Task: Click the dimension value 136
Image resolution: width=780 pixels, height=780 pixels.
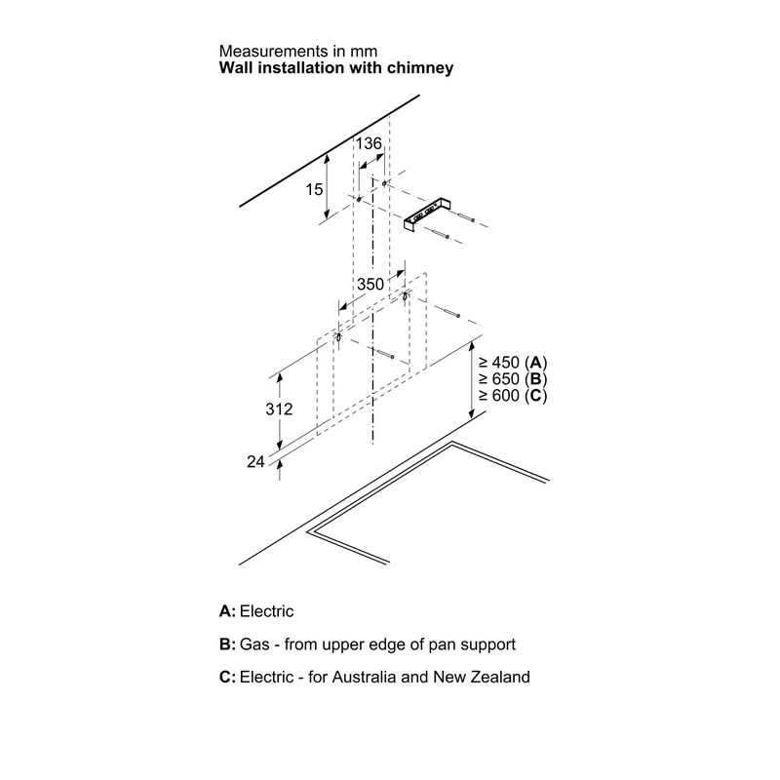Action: point(369,143)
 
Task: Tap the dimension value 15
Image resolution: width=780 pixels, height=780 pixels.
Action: point(314,189)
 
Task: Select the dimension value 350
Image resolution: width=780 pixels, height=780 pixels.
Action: point(370,284)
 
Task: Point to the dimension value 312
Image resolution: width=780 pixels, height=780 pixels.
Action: point(279,409)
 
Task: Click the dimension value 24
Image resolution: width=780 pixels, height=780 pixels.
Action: point(255,461)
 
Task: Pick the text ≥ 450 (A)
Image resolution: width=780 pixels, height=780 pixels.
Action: point(513,363)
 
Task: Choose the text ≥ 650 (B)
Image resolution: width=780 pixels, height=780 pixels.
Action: point(513,379)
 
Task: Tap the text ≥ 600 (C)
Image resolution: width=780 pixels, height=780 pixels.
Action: point(513,396)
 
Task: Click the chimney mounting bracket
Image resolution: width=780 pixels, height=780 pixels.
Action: point(426,214)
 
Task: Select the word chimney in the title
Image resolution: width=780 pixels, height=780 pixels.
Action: point(420,68)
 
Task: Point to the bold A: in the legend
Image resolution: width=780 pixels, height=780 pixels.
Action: point(227,611)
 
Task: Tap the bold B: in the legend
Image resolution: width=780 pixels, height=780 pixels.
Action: point(227,644)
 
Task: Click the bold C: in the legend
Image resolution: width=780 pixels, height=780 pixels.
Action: point(227,677)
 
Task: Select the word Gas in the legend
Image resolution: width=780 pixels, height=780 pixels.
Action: point(254,644)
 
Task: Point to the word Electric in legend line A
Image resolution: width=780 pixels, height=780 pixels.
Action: point(266,611)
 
